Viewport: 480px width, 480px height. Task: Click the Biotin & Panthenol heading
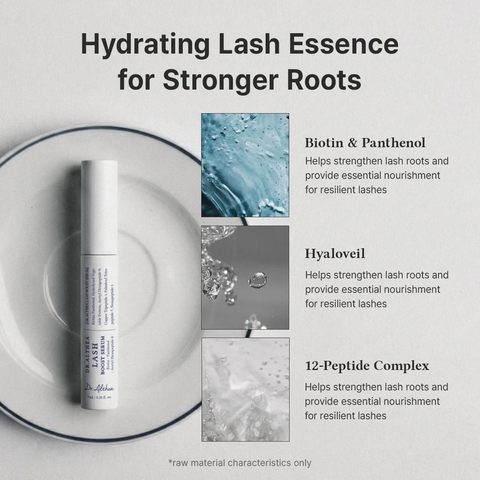click(x=365, y=143)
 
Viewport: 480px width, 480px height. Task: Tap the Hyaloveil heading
click(x=335, y=254)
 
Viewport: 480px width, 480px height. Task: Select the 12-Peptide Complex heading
click(x=367, y=366)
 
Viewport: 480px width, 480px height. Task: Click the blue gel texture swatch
click(x=245, y=165)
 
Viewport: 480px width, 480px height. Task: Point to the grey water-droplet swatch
click(x=245, y=277)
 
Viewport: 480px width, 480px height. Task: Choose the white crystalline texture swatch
click(x=245, y=389)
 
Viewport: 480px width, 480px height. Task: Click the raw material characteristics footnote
click(x=239, y=463)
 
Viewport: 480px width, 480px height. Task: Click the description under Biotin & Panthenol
click(x=376, y=175)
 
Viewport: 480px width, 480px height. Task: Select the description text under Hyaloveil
click(x=376, y=289)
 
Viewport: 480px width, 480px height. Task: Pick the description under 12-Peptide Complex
click(x=376, y=401)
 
